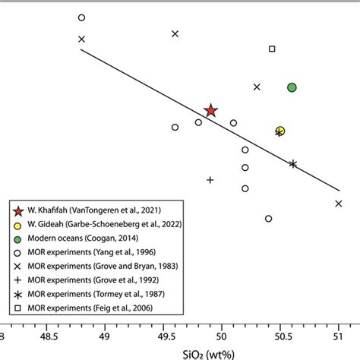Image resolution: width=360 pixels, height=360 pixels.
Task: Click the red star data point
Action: point(211,112)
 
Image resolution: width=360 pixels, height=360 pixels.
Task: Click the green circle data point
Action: point(292,87)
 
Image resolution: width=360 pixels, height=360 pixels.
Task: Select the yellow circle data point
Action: point(280,131)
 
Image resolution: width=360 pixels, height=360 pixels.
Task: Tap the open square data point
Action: point(272,49)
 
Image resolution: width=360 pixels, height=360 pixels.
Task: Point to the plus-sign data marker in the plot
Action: point(210,180)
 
